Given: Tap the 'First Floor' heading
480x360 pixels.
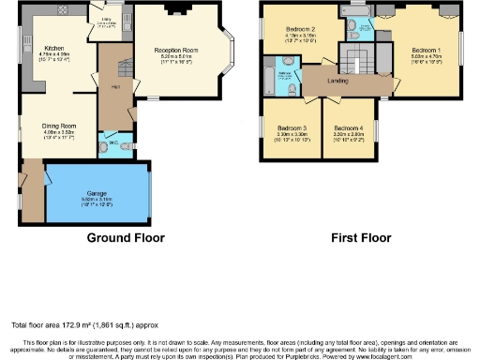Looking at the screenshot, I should (x=360, y=238).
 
